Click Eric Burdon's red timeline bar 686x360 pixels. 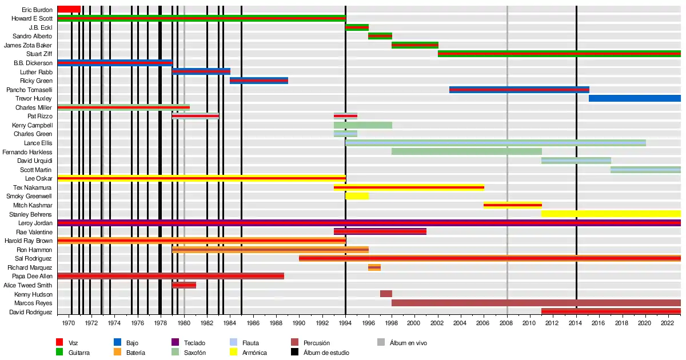[69, 9]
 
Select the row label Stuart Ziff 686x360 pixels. [39, 54]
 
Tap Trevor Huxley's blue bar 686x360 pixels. [635, 98]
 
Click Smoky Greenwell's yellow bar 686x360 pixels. [357, 196]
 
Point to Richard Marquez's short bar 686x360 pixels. [374, 267]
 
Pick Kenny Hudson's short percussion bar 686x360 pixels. [386, 294]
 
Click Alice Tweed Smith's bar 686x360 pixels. [184, 285]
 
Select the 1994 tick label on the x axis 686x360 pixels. [345, 323]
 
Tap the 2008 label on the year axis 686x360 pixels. [507, 323]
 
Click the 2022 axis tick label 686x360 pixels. [669, 323]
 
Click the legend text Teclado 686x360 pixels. [194, 343]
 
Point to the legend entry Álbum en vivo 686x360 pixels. [408, 343]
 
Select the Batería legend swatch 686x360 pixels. [118, 353]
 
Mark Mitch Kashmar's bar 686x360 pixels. [512, 205]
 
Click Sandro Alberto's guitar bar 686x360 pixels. [380, 36]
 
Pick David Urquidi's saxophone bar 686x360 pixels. [576, 161]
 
